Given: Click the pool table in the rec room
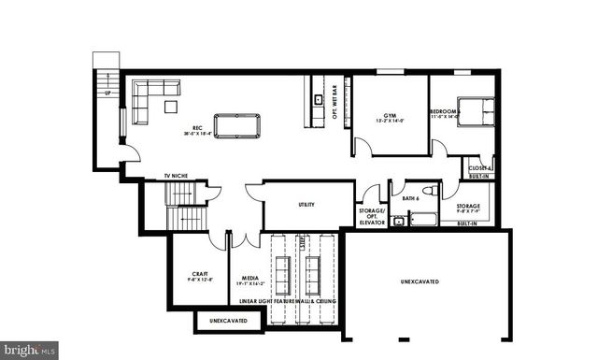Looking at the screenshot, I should point(236,124).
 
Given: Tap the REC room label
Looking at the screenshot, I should point(198,129).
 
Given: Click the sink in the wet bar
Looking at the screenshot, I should point(318,98).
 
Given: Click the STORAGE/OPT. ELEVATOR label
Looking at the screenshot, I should point(372,217).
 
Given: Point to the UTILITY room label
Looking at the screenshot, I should point(306,204).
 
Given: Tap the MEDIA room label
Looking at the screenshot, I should point(249,278).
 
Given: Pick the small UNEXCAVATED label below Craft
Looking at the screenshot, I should point(228,321).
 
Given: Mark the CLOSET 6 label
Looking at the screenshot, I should point(479,167).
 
